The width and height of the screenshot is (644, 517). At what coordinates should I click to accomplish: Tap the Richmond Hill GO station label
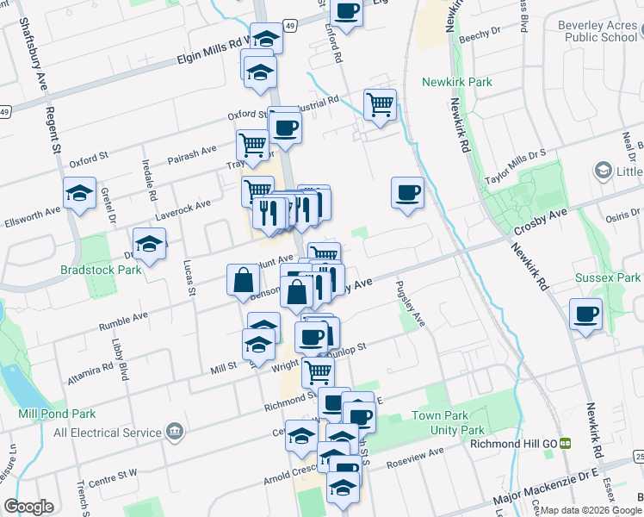[515, 444]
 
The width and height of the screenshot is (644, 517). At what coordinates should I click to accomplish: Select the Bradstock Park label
[100, 270]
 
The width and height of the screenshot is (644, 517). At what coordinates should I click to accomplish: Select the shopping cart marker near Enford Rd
[380, 105]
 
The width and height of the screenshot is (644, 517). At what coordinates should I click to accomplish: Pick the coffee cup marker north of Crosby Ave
[408, 192]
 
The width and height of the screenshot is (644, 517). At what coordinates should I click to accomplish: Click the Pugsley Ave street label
[410, 303]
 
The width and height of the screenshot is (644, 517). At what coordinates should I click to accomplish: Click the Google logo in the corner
[28, 507]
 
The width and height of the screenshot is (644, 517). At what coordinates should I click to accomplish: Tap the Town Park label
[439, 415]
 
